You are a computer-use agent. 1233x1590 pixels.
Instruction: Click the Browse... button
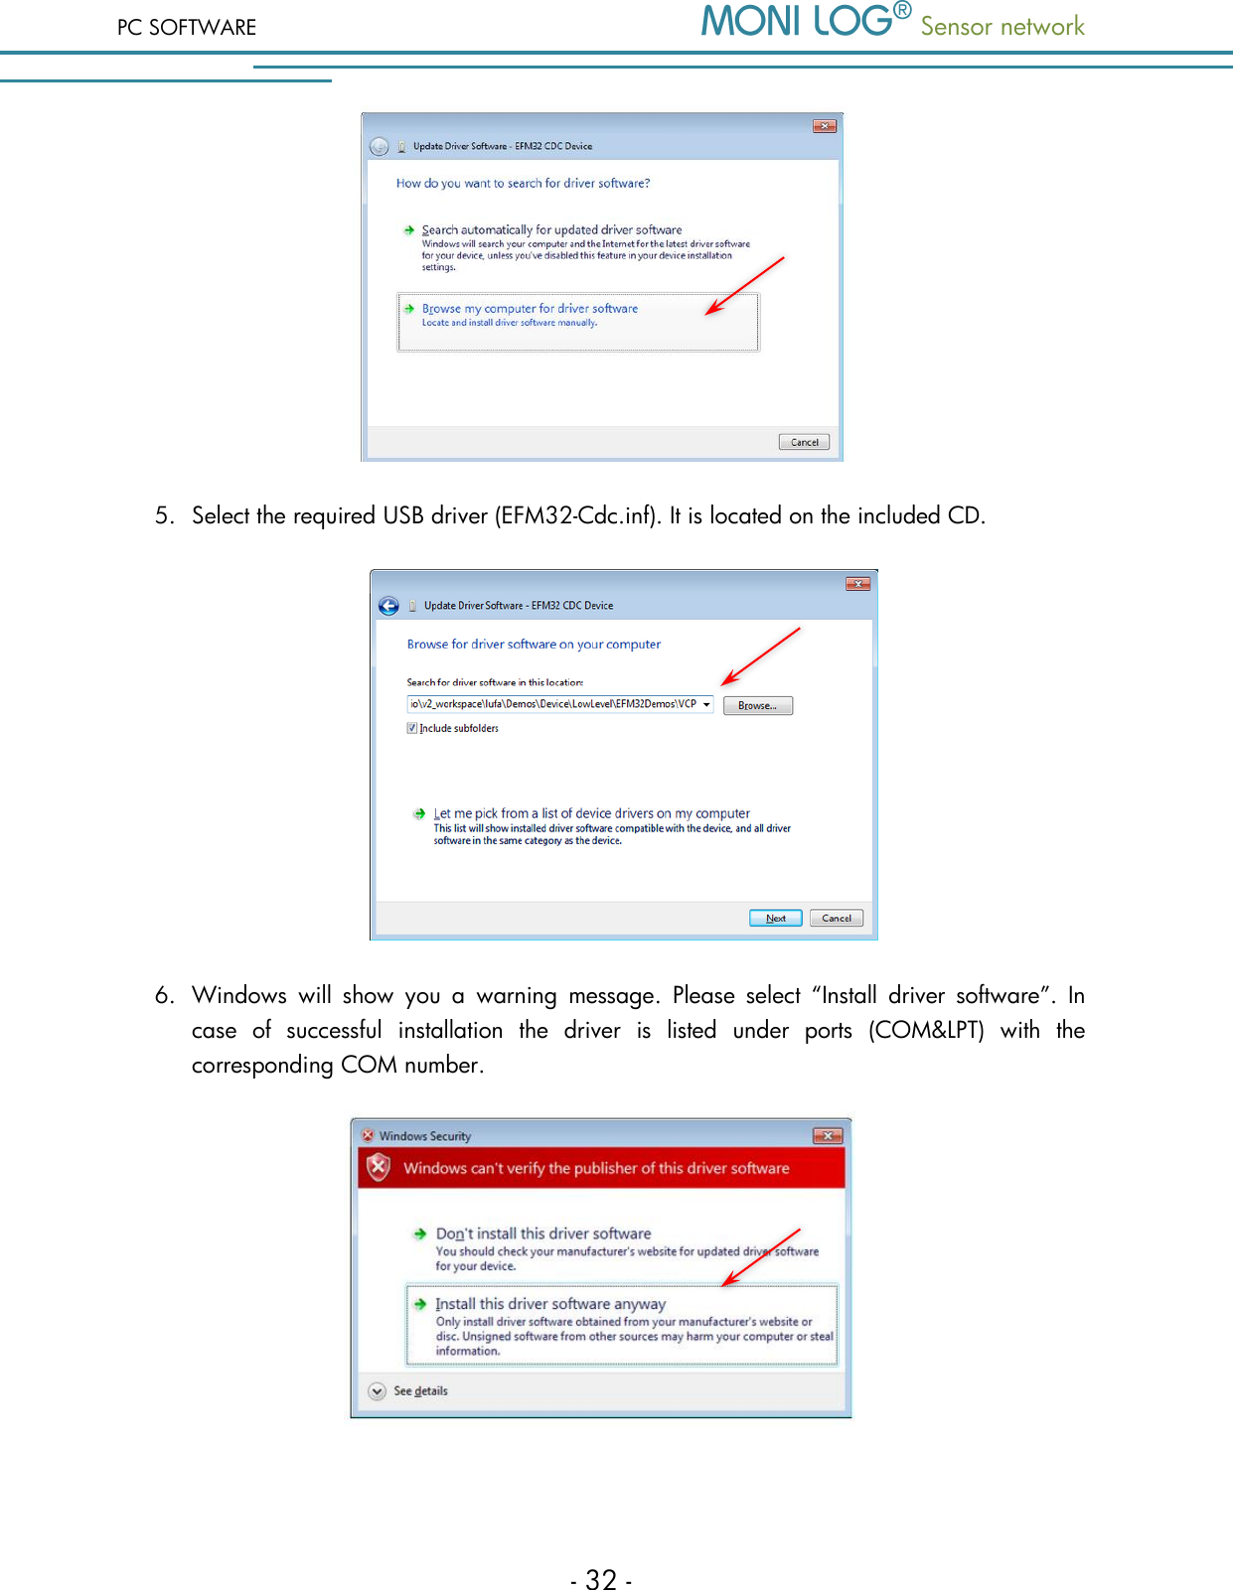(757, 706)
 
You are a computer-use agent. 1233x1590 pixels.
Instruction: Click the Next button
(775, 919)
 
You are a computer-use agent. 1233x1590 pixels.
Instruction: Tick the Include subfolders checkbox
(412, 729)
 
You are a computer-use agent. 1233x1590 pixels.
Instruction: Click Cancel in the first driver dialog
(804, 443)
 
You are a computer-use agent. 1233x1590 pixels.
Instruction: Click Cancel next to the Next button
(837, 919)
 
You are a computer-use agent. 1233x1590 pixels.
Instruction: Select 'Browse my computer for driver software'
(530, 309)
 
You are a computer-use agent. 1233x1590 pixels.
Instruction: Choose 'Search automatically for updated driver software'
(551, 230)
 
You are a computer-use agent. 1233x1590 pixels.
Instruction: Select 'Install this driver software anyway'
(550, 1304)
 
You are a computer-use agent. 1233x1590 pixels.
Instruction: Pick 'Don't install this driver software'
(543, 1233)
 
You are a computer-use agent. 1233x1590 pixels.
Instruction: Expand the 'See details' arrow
(378, 1391)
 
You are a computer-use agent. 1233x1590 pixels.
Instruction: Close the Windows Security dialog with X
(828, 1135)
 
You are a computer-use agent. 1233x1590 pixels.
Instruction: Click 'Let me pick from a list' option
(591, 813)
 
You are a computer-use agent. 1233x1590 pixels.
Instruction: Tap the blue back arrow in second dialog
(388, 606)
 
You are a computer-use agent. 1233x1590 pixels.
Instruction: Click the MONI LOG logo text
(797, 22)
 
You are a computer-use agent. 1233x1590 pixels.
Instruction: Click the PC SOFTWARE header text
(187, 28)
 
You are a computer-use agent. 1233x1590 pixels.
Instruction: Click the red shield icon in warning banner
(379, 1168)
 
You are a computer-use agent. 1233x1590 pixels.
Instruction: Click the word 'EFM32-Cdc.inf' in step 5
(576, 516)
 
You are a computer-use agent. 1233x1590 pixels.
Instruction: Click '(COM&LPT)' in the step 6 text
(926, 1030)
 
